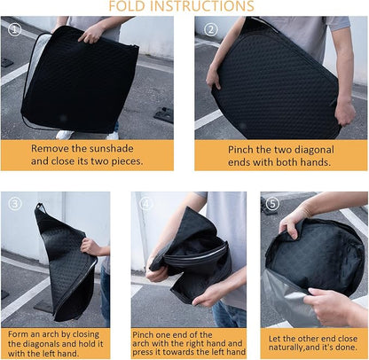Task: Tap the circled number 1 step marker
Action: point(14,29)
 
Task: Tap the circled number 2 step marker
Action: point(210,29)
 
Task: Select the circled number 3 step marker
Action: point(15,204)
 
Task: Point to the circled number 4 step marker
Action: point(145,204)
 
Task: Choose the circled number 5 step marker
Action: point(272,204)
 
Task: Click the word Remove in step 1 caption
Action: point(51,148)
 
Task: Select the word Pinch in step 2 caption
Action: point(240,150)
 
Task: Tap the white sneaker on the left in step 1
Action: point(65,135)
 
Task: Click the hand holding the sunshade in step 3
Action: point(90,247)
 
